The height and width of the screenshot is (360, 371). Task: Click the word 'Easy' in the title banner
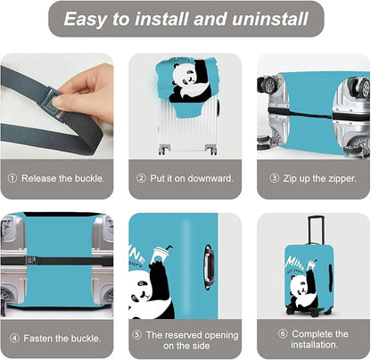click(88, 19)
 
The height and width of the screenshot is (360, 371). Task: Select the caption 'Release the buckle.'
click(62, 178)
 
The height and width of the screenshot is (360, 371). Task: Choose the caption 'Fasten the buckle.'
click(62, 339)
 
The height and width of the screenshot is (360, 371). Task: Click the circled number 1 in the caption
click(12, 178)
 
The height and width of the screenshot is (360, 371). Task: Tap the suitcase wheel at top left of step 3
click(266, 86)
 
